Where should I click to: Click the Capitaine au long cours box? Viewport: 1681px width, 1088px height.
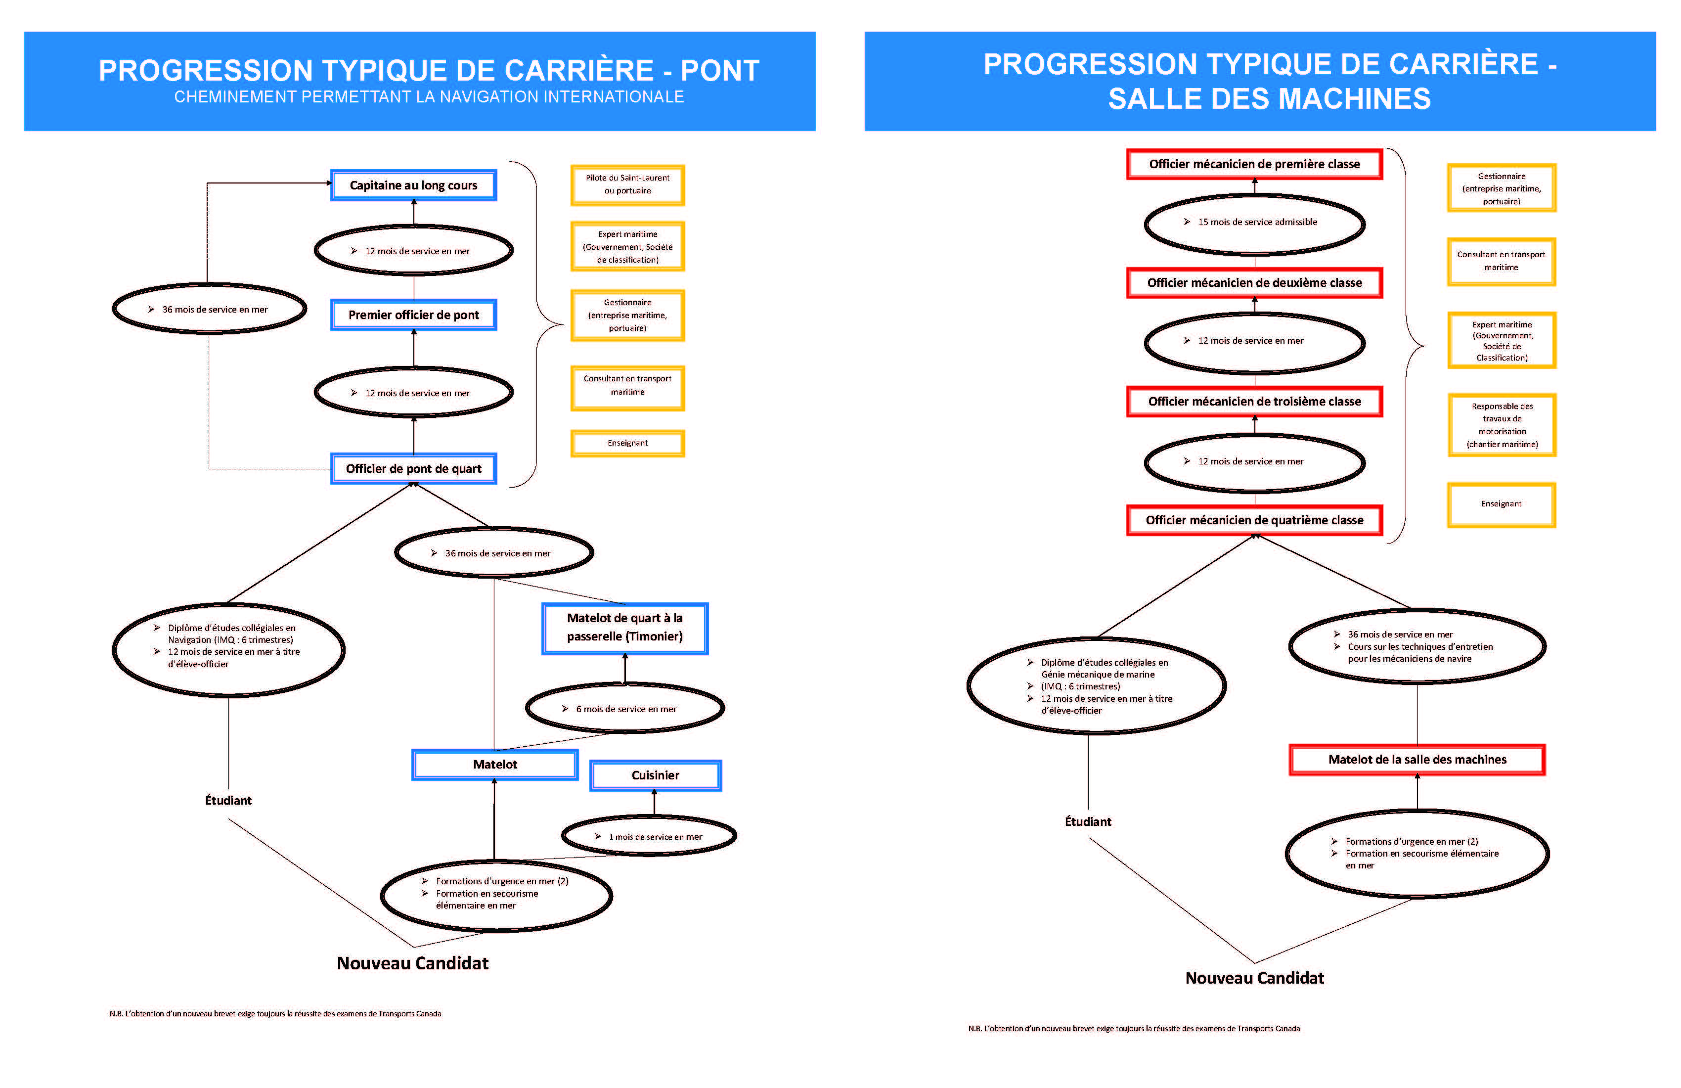413,185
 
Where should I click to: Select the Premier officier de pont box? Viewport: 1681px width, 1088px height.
413,315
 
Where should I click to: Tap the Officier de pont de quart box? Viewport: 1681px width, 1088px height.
413,468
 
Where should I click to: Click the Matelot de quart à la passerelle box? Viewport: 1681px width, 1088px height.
624,628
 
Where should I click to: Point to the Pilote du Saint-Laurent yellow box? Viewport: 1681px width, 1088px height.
627,184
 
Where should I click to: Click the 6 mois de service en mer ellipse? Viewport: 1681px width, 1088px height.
624,709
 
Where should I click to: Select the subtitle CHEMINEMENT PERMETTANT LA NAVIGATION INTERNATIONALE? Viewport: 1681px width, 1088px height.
429,97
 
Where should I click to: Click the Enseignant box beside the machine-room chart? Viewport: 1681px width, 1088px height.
1501,504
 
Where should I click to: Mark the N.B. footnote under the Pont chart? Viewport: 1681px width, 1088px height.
275,1014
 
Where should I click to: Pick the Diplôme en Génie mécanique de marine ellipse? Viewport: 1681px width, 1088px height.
1096,686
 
